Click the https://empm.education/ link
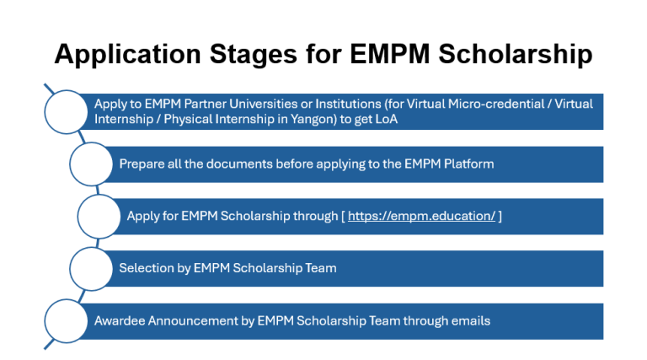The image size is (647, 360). [x=422, y=216]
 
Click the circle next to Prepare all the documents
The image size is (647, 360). [x=90, y=164]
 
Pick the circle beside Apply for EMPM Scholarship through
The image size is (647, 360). [x=99, y=216]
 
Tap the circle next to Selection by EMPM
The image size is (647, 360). [x=90, y=268]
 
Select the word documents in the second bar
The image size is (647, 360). [x=246, y=164]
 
